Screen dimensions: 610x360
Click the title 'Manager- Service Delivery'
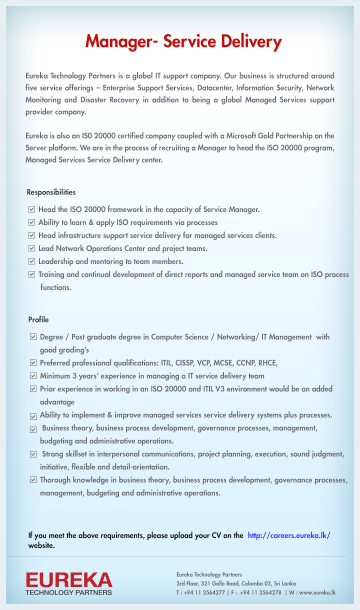pyautogui.click(x=183, y=41)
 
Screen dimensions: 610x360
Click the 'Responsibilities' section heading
pyautogui.click(x=51, y=192)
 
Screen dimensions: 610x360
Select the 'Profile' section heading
pyautogui.click(x=38, y=319)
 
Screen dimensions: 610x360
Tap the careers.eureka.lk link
pyautogui.click(x=289, y=535)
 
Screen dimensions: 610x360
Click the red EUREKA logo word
pyautogui.click(x=69, y=580)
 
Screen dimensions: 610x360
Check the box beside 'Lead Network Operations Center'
pyautogui.click(x=32, y=248)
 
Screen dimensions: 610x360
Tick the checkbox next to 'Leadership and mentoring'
pyautogui.click(x=32, y=261)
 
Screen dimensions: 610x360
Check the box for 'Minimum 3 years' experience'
pyautogui.click(x=33, y=376)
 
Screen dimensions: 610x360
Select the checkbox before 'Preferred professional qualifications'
pyautogui.click(x=33, y=363)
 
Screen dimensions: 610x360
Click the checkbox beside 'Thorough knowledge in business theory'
pyautogui.click(x=33, y=480)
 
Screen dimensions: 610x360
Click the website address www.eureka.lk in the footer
pyautogui.click(x=317, y=592)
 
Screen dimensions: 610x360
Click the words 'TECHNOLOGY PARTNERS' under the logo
pyautogui.click(x=69, y=592)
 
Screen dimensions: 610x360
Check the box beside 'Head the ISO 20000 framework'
pyautogui.click(x=32, y=209)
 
